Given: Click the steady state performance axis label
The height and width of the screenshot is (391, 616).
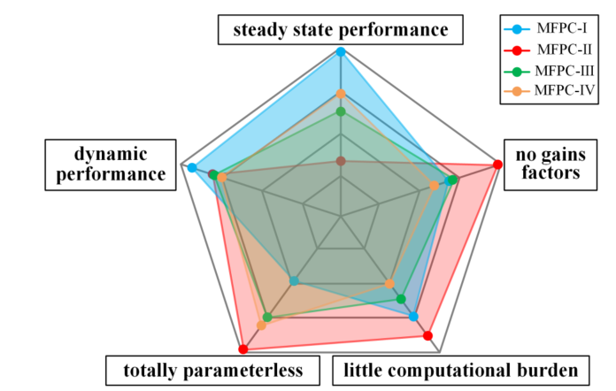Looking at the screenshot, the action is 341,31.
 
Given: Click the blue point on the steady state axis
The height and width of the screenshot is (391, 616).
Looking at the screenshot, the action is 341,52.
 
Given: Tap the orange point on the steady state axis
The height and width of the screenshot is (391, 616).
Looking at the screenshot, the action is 341,94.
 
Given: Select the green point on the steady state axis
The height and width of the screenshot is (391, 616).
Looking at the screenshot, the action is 341,111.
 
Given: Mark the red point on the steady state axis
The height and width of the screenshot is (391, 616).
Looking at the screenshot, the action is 341,161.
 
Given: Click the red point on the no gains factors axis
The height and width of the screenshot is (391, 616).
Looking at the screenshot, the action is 497,165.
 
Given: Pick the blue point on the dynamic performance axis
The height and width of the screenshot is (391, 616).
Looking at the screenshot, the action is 192,167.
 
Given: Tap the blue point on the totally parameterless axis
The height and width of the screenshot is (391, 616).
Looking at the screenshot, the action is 295,281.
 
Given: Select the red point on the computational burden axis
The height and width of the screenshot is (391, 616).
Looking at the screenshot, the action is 427,336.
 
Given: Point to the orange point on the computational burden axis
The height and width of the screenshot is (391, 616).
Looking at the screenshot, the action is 389,283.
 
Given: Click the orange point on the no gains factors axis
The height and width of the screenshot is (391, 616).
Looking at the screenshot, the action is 434,186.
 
